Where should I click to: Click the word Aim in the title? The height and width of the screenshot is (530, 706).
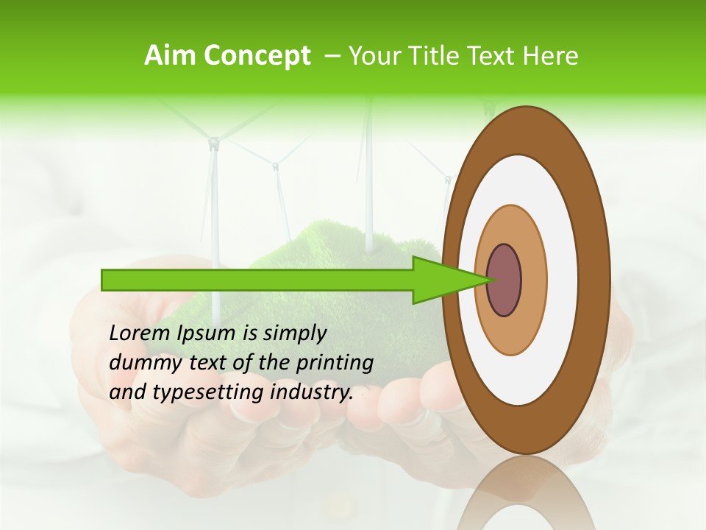tap(170, 56)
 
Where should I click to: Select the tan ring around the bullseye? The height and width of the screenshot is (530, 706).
tap(533, 280)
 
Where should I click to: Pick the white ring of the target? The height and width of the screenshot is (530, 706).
tap(563, 280)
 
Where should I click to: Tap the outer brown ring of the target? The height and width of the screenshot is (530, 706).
tap(597, 280)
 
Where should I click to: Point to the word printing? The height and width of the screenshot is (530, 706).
tap(334, 364)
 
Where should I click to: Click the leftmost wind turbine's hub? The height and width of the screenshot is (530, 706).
tap(213, 144)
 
